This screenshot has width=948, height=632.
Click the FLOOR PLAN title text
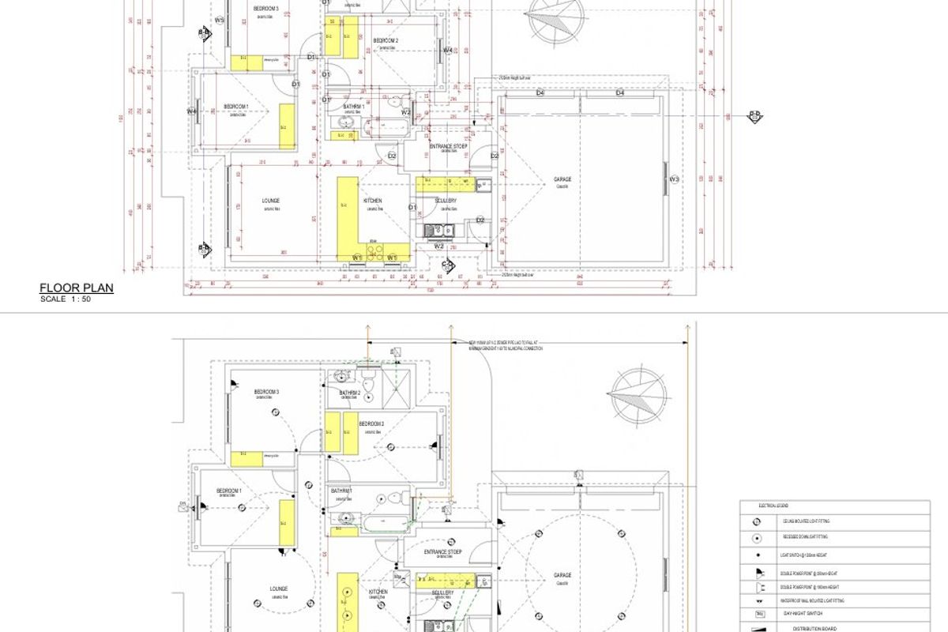pyautogui.click(x=77, y=288)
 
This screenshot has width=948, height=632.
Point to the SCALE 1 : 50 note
pyautogui.click(x=66, y=299)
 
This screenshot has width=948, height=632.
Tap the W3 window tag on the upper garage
pyautogui.click(x=674, y=180)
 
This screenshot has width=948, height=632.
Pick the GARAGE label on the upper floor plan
pyautogui.click(x=562, y=180)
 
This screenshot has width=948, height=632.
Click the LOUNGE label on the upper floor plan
pyautogui.click(x=271, y=201)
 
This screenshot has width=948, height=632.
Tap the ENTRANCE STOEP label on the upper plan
pyautogui.click(x=448, y=147)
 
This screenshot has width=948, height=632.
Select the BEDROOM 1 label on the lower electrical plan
pyautogui.click(x=229, y=491)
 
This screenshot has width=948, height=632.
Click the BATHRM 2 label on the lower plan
pyautogui.click(x=350, y=393)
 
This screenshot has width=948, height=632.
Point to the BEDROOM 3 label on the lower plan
pyautogui.click(x=266, y=392)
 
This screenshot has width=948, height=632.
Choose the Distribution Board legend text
pyautogui.click(x=803, y=629)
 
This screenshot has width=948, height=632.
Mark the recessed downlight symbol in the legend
pyautogui.click(x=757, y=538)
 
